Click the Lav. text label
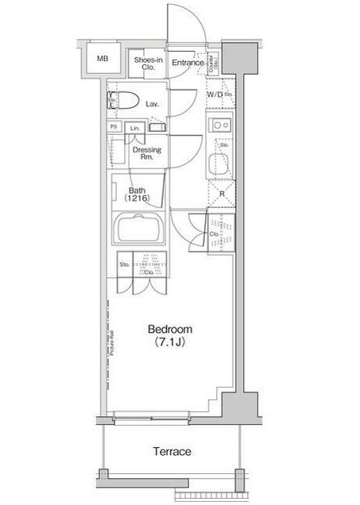tap(153, 103)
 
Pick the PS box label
tap(114, 127)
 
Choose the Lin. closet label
tap(135, 128)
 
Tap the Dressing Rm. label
tap(147, 153)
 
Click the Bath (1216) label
tap(140, 195)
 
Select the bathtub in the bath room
tap(139, 231)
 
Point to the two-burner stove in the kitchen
tap(219, 125)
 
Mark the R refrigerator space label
tap(223, 194)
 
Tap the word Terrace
tap(172, 452)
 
